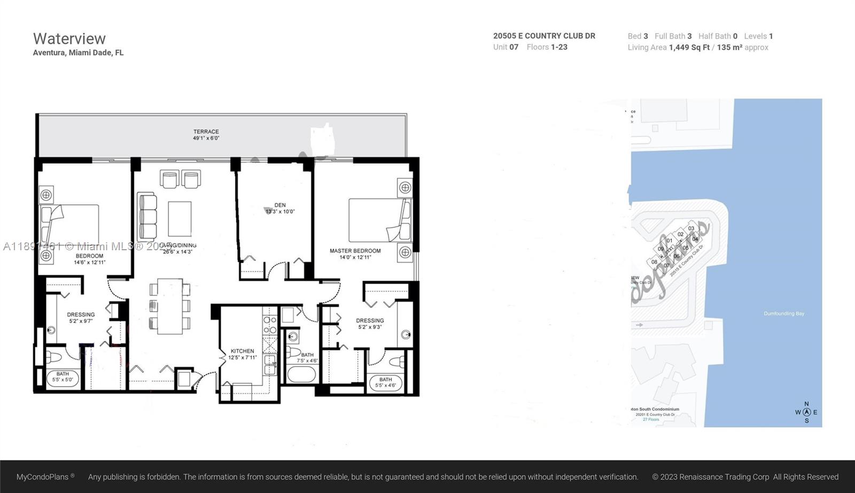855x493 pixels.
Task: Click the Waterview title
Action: point(69,38)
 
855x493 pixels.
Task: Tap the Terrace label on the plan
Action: point(206,132)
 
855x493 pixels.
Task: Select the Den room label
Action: point(280,205)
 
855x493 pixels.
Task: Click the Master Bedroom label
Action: point(355,251)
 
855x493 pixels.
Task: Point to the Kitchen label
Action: point(242,351)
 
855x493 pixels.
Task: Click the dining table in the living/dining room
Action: point(170,306)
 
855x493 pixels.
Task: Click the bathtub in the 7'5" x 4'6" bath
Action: point(302,373)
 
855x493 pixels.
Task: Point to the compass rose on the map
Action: point(806,412)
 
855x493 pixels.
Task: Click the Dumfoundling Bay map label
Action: point(783,314)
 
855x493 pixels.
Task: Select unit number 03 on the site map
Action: point(691,228)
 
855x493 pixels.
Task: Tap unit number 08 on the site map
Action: point(654,262)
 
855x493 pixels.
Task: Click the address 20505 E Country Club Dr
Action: point(544,36)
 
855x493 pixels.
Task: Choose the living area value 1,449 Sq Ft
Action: point(689,48)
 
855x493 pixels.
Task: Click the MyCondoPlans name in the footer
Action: point(43,477)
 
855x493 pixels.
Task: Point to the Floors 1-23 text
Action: point(547,47)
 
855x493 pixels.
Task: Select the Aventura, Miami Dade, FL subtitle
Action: point(78,52)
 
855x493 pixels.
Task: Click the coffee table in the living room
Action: point(180,219)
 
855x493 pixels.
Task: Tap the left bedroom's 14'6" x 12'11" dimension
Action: point(90,263)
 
